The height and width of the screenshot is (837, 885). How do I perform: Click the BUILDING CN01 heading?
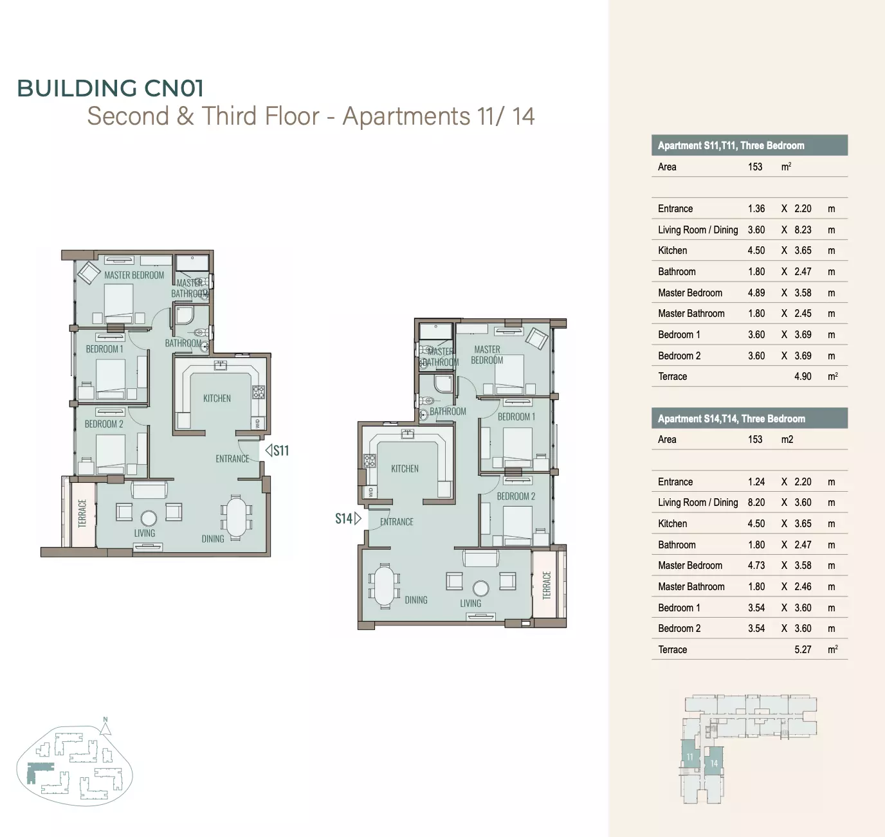[x=110, y=88]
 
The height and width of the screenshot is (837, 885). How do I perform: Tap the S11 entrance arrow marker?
[x=269, y=450]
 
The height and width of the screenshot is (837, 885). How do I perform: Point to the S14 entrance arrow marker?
[x=358, y=518]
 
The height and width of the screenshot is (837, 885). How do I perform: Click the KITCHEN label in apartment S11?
[x=217, y=399]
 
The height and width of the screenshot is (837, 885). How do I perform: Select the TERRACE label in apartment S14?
[x=547, y=585]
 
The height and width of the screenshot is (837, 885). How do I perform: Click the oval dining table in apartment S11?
[x=236, y=517]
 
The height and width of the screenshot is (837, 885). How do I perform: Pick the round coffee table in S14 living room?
[x=480, y=588]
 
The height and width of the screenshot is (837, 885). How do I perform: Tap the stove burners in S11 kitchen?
[x=259, y=392]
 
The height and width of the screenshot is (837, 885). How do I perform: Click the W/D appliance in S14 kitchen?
[x=370, y=491]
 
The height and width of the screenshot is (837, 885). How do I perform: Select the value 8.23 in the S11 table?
[x=803, y=230]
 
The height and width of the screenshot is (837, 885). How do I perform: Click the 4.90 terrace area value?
[x=803, y=376]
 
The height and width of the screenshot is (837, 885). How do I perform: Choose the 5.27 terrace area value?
[x=803, y=649]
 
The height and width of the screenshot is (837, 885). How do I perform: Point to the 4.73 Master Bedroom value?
[x=756, y=565]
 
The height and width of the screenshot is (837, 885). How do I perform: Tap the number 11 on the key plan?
[x=689, y=757]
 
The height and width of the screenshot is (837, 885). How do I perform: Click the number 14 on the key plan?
[x=714, y=762]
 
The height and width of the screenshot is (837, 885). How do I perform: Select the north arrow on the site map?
[x=105, y=726]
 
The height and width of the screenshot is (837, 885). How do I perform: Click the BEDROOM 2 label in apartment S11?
[x=104, y=424]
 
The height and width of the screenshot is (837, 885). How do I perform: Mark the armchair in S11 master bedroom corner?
[x=89, y=273]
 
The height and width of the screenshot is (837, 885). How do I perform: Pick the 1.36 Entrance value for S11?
[x=756, y=208]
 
